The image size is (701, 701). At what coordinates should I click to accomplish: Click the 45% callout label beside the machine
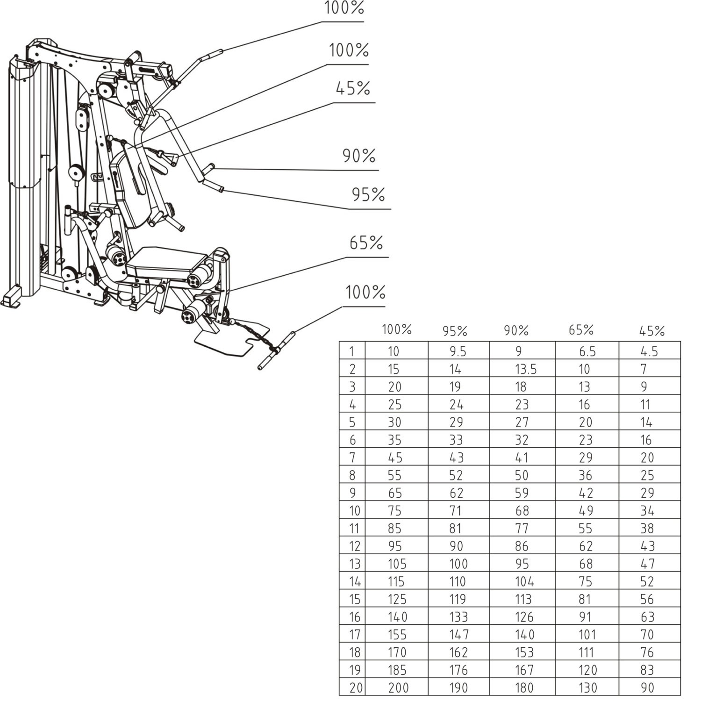tap(353, 88)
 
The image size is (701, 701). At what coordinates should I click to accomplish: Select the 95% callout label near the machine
tap(368, 194)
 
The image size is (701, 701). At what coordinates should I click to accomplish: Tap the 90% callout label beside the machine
tap(359, 156)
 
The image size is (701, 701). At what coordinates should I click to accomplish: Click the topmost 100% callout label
tap(344, 8)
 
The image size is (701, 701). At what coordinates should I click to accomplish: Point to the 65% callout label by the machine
tap(366, 243)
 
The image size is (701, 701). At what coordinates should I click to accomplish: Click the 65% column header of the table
tap(581, 330)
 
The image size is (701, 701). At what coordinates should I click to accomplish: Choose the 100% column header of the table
tap(396, 329)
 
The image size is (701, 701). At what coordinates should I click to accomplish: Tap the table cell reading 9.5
tap(458, 351)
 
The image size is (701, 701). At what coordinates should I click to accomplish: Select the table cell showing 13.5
tap(526, 369)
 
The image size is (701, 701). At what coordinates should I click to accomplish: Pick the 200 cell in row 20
tap(398, 687)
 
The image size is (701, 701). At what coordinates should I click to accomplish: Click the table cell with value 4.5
tap(649, 351)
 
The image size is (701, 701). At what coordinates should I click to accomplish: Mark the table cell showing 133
tap(458, 617)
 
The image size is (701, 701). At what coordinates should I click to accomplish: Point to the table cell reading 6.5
tap(587, 351)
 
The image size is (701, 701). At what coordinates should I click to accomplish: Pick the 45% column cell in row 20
tap(647, 687)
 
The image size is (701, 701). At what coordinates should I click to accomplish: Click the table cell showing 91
tap(585, 617)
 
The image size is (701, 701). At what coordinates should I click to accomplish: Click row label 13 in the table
tap(355, 564)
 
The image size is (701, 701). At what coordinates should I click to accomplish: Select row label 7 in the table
tap(352, 458)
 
